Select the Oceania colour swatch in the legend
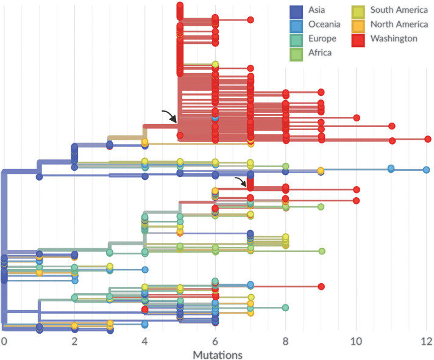pyautogui.click(x=297, y=25)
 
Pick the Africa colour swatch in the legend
pyautogui.click(x=297, y=53)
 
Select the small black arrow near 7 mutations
pyautogui.click(x=242, y=181)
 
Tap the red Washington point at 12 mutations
pyautogui.click(x=428, y=139)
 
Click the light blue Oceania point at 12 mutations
pyautogui.click(x=427, y=170)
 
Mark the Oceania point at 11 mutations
pyautogui.click(x=391, y=168)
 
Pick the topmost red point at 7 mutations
pyautogui.click(x=251, y=20)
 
